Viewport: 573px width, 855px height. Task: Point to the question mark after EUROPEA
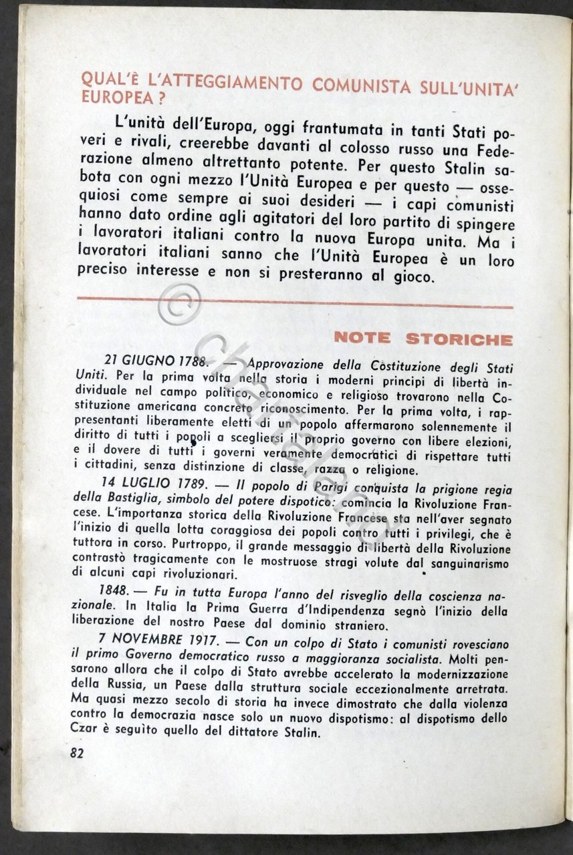(x=154, y=98)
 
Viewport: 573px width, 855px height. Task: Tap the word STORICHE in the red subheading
(x=459, y=339)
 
